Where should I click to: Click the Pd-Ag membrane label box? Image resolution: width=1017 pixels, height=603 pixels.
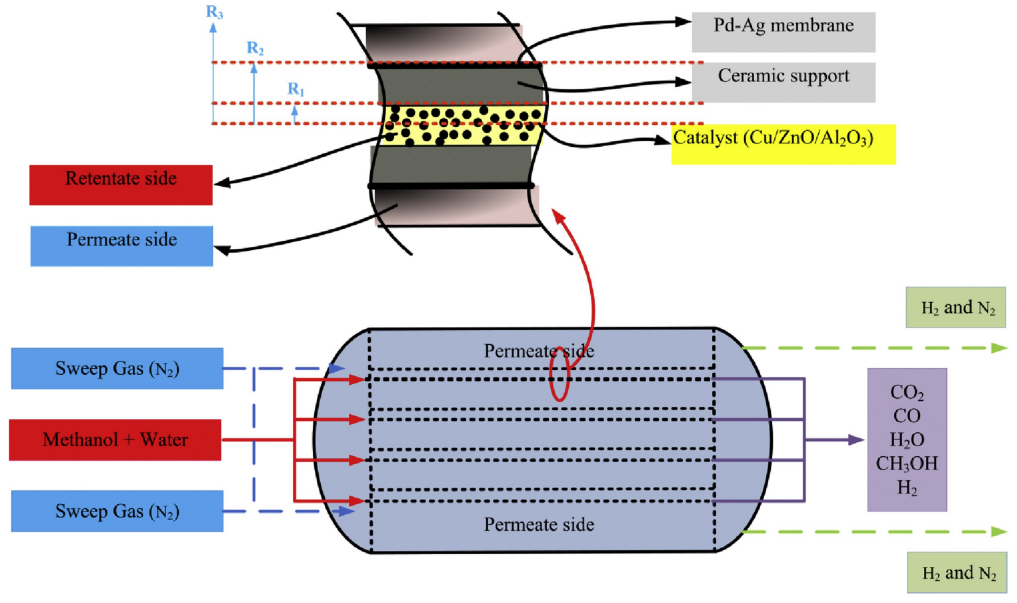click(x=783, y=32)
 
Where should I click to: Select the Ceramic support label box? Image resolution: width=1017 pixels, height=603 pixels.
click(x=783, y=82)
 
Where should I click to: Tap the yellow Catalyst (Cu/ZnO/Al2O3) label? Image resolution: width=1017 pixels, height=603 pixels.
click(x=783, y=144)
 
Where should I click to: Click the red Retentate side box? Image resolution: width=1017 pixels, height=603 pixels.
click(x=121, y=185)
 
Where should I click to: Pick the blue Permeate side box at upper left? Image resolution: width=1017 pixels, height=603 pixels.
click(x=122, y=246)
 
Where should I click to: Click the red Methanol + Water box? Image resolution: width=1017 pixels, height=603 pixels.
click(x=115, y=440)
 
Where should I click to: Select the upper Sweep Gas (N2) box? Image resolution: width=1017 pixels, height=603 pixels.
click(x=117, y=368)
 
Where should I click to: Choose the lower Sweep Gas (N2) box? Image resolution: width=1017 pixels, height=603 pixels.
click(x=117, y=511)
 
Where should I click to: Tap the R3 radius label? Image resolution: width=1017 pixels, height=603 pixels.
click(x=214, y=12)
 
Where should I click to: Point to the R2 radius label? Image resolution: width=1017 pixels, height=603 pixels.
click(x=255, y=48)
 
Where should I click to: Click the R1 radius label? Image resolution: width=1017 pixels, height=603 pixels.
click(x=296, y=89)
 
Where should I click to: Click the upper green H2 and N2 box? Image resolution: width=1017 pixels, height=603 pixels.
click(x=956, y=307)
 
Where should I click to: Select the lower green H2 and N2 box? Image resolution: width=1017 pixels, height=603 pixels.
click(x=957, y=572)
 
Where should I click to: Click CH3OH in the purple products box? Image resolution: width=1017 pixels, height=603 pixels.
click(x=907, y=463)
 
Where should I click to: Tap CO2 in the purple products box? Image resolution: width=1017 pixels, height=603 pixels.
click(x=907, y=392)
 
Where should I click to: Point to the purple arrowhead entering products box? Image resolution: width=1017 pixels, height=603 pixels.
click(x=856, y=440)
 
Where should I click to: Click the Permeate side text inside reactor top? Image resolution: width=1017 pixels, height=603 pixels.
click(x=539, y=351)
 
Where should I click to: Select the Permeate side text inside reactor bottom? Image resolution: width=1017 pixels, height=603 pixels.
click(x=539, y=525)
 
